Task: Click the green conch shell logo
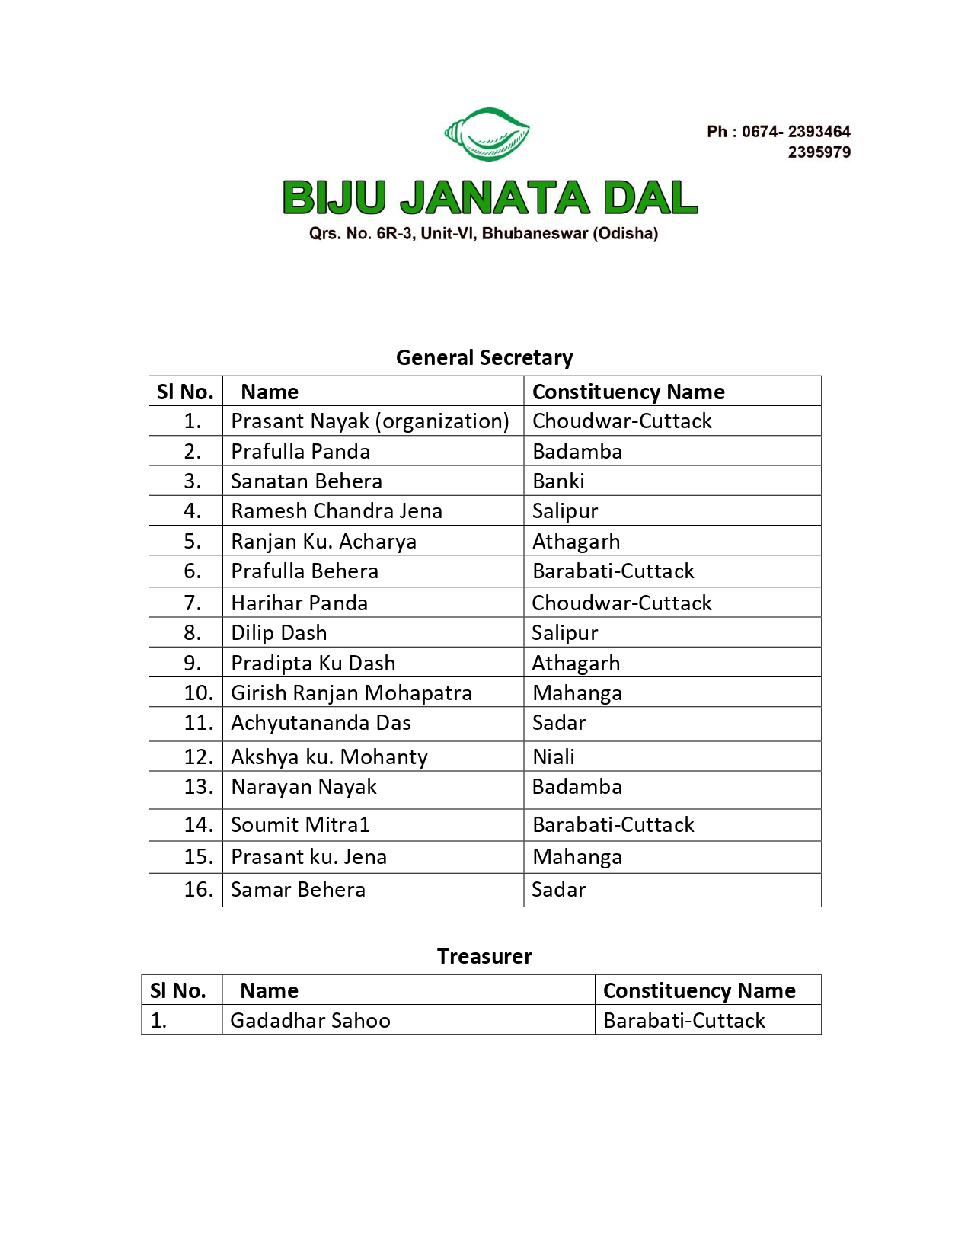pos(487,134)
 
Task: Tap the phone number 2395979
pos(819,152)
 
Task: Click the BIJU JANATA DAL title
pos(490,197)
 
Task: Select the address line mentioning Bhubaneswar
pos(484,233)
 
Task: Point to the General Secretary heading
pos(484,357)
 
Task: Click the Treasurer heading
pos(484,956)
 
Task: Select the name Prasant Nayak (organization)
pos(370,421)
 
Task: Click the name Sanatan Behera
pos(306,481)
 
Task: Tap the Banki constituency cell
pos(558,481)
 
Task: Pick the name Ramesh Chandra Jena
pos(337,510)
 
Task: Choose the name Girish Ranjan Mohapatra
pos(351,692)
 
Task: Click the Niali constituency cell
pos(554,756)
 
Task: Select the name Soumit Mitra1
pos(300,824)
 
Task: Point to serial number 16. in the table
pos(198,889)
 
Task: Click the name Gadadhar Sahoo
pos(310,1020)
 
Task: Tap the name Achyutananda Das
pos(321,722)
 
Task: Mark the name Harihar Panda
pos(299,603)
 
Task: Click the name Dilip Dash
pos(279,632)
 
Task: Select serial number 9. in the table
pos(193,663)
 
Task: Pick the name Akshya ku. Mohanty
pos(329,756)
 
